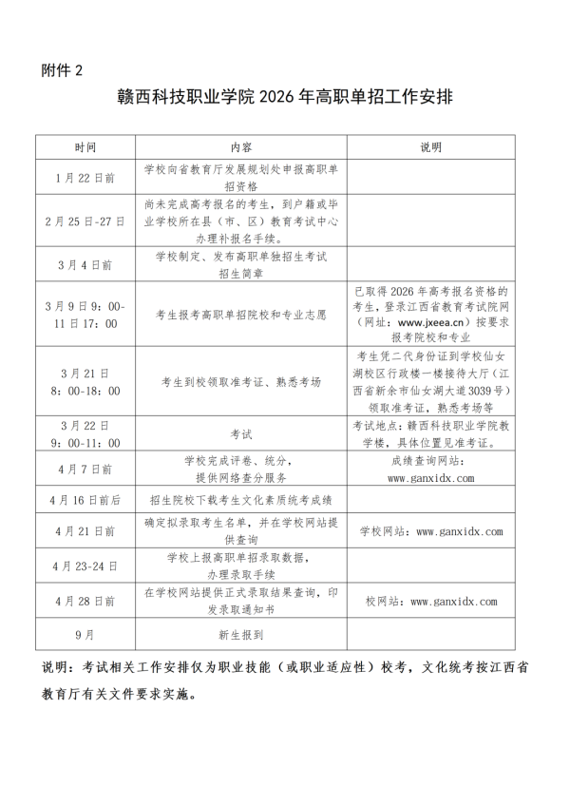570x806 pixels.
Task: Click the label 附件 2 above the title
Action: (63, 71)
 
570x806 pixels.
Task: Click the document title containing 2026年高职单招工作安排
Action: (284, 98)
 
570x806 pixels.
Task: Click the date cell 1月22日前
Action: (85, 178)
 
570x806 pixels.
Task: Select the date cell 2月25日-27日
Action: (85, 221)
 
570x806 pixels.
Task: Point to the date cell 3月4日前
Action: (85, 264)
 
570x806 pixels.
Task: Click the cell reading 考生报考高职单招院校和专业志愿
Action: (240, 311)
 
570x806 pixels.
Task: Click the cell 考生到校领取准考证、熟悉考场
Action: (240, 381)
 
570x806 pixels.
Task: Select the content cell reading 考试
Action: (240, 433)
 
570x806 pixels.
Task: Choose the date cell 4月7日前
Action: (85, 469)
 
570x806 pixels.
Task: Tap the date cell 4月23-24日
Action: (85, 566)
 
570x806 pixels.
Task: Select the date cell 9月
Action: (85, 632)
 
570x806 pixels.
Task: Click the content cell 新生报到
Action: (240, 632)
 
